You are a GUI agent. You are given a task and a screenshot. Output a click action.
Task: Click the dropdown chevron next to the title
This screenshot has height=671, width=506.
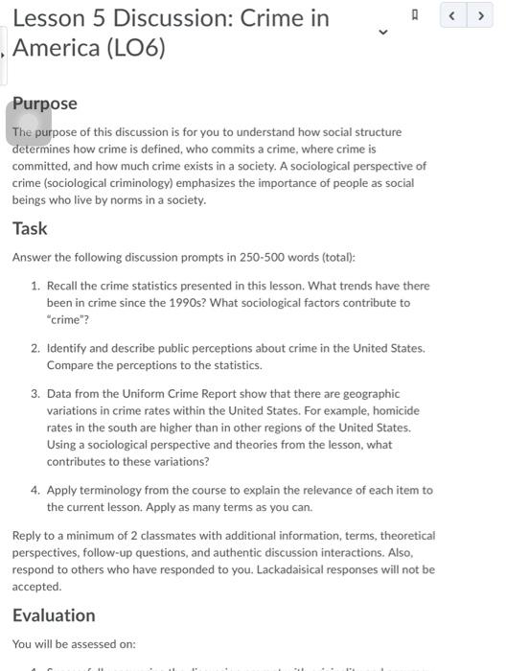383,33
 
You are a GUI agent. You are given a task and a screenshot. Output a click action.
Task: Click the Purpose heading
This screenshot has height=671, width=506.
45,104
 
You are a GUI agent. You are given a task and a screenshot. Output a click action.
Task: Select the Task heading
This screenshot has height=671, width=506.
30,228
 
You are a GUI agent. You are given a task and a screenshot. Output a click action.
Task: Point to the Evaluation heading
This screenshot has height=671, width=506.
54,614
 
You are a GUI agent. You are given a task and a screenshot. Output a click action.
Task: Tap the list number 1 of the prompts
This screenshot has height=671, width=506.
35,286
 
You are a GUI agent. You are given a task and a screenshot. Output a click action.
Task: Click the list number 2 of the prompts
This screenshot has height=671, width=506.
35,348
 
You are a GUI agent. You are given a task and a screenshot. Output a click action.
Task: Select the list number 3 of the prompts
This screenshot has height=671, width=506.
35,393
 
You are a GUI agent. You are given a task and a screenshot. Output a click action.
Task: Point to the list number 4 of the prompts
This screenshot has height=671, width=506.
35,489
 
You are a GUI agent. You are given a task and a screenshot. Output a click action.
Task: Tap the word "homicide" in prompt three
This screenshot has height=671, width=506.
395,410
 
